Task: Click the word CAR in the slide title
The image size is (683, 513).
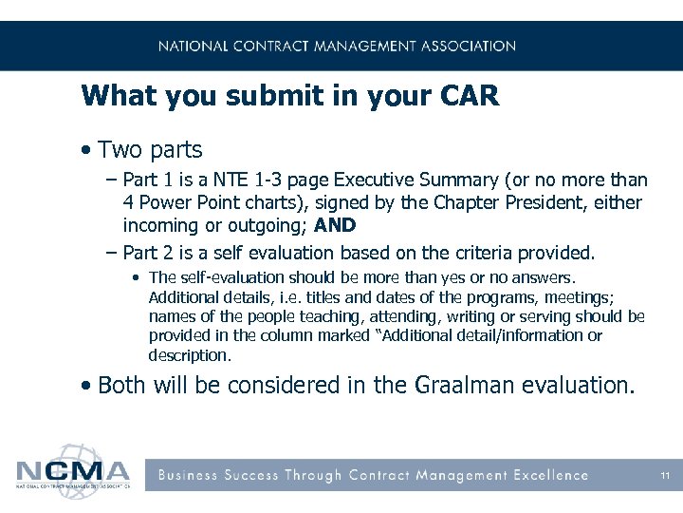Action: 467,96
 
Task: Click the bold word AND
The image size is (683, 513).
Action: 335,226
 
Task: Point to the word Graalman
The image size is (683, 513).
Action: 458,385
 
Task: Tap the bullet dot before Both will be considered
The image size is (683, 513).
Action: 86,385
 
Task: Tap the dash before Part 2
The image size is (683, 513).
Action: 112,253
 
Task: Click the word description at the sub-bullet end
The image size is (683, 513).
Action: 189,355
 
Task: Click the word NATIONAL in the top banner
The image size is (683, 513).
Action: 194,46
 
